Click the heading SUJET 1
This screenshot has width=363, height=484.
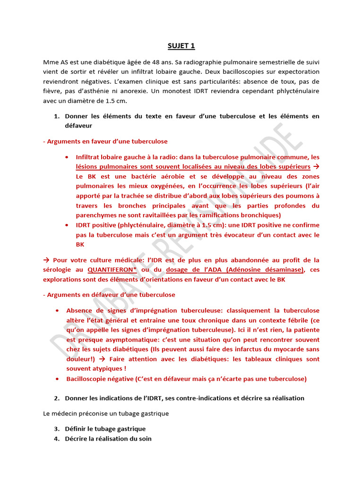pyautogui.click(x=181, y=46)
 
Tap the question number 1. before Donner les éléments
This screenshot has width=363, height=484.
pyautogui.click(x=56, y=116)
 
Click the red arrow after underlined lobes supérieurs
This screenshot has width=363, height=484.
pyautogui.click(x=316, y=167)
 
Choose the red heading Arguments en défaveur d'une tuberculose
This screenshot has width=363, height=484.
pyautogui.click(x=109, y=294)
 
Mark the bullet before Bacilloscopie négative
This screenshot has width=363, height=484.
pyautogui.click(x=56, y=379)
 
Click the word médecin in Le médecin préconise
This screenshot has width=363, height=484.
pyautogui.click(x=67, y=414)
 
